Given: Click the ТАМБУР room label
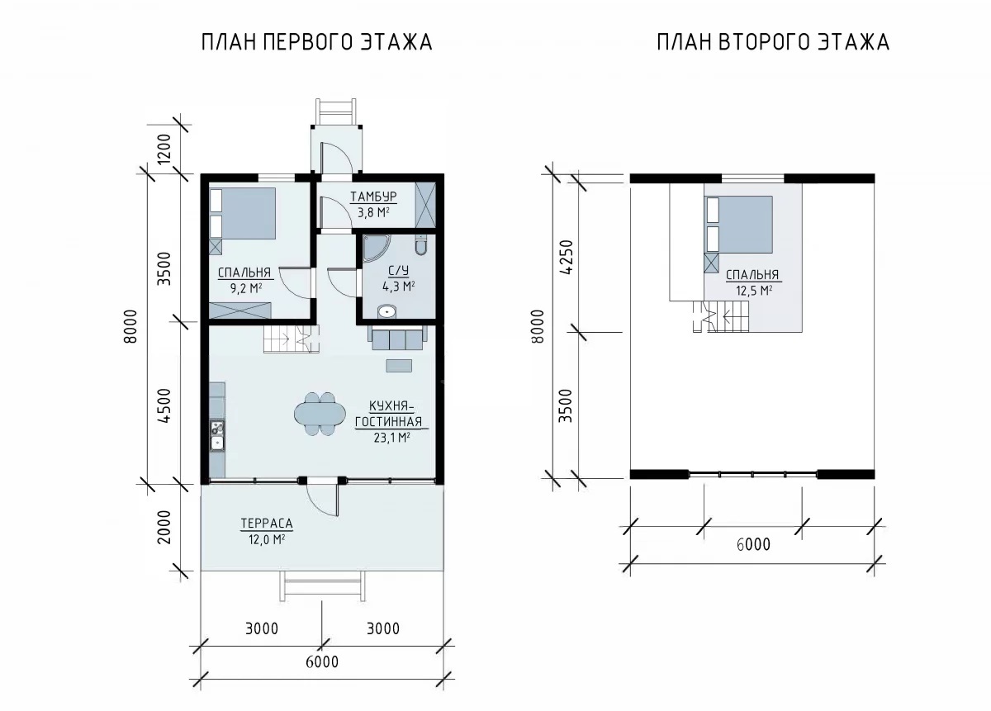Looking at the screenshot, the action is tap(373, 197).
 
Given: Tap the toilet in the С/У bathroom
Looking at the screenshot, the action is tap(420, 245).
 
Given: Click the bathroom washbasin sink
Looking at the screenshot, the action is tap(387, 311).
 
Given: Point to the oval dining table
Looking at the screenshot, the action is tap(320, 415).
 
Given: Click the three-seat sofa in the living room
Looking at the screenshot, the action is tap(397, 338).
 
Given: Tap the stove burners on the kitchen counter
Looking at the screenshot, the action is tap(217, 428).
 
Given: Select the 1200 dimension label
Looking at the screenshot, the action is tap(164, 149).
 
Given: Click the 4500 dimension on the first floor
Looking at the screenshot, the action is tap(164, 405).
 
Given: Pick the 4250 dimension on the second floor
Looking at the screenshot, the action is tap(567, 257).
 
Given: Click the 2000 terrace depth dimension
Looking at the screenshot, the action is tap(164, 527).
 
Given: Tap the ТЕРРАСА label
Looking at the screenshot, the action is tap(267, 524).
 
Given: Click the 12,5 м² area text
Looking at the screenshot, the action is tap(754, 291).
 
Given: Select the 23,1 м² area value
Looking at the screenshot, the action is tap(391, 438).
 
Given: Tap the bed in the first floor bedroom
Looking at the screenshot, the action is tap(243, 213).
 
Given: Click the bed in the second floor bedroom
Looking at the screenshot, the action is tap(739, 225).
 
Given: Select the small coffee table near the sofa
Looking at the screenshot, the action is tap(399, 366).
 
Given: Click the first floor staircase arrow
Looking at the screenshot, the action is tap(284, 339).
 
